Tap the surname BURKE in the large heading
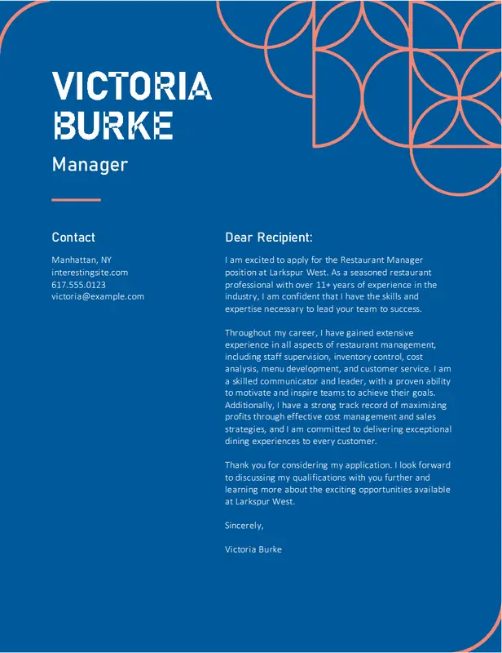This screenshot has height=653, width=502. tap(112, 125)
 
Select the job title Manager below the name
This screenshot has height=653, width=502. tap(90, 164)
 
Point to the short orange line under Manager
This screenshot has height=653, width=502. tap(76, 199)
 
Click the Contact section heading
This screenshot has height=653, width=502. tap(73, 238)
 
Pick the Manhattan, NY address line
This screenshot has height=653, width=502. tap(81, 260)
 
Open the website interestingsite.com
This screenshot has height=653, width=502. tap(90, 272)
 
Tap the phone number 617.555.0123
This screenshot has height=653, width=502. tap(78, 284)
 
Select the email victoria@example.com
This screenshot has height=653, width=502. tap(98, 296)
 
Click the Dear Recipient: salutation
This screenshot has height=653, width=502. tap(269, 238)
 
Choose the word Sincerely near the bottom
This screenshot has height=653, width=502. tap(244, 526)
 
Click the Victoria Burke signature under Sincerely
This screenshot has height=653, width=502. tap(253, 549)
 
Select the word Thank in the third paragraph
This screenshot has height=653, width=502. tap(237, 465)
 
